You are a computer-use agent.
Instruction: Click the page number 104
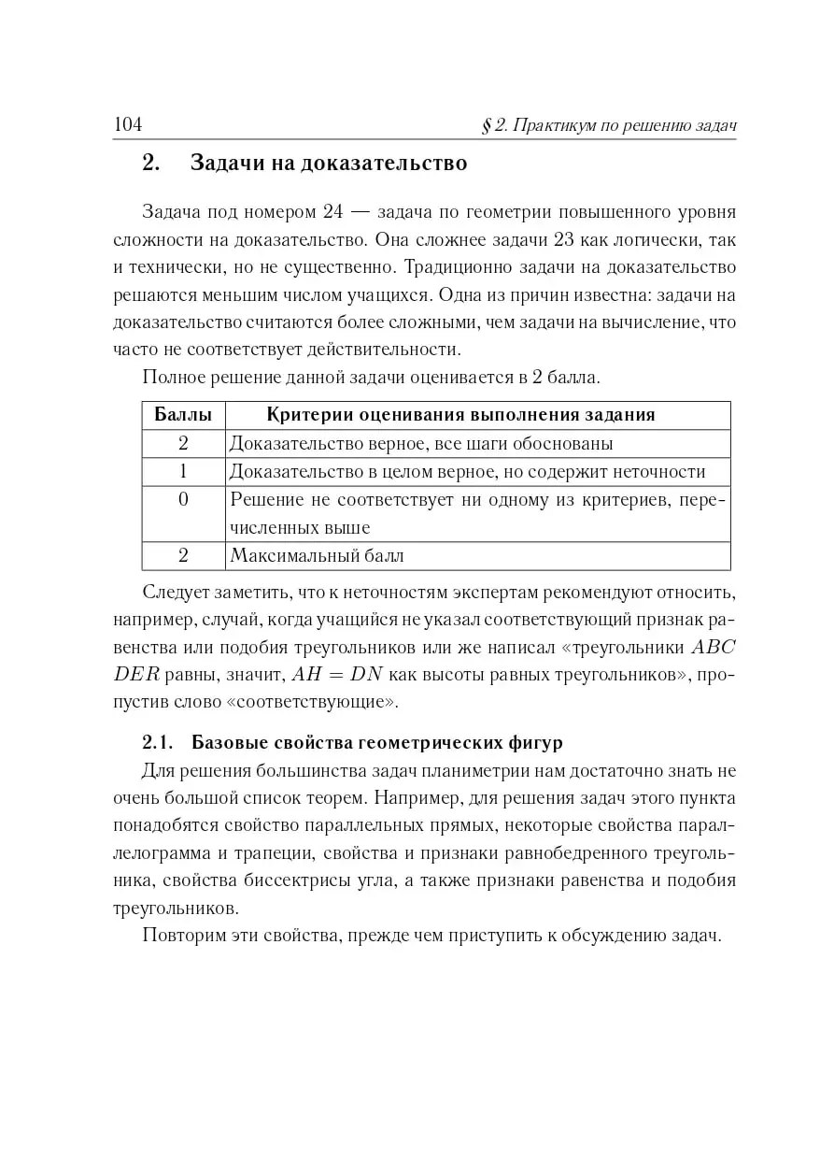coord(127,124)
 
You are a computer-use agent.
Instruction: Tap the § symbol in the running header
coord(487,125)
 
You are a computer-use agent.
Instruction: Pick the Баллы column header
coord(183,414)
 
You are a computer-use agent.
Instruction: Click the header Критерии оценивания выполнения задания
coord(461,414)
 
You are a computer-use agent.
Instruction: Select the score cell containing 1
coord(183,471)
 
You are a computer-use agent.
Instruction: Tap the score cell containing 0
coord(183,499)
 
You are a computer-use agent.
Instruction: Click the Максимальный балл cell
coord(317,556)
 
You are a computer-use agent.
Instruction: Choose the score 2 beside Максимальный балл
coord(183,556)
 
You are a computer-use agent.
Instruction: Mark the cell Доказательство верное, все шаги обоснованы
coord(421,443)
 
